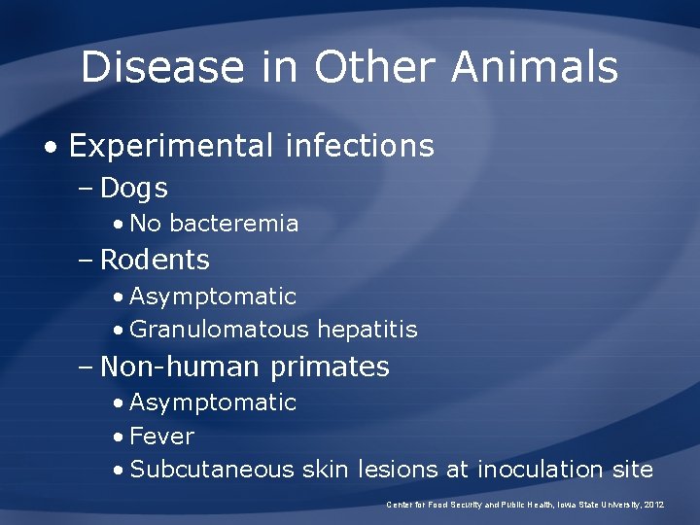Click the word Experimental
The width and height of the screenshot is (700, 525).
click(171, 147)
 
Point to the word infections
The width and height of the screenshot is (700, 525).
click(360, 147)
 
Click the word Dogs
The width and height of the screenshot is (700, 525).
click(134, 188)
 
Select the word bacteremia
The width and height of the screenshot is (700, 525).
click(233, 224)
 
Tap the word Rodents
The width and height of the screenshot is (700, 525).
click(155, 260)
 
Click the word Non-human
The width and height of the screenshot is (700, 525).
click(181, 367)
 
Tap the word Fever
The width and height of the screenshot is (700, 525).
click(161, 437)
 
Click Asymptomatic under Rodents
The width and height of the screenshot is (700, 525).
click(212, 296)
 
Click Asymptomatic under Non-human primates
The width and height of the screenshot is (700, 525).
click(212, 402)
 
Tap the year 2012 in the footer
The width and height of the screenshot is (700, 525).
click(653, 505)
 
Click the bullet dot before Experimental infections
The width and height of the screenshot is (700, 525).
click(49, 148)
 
